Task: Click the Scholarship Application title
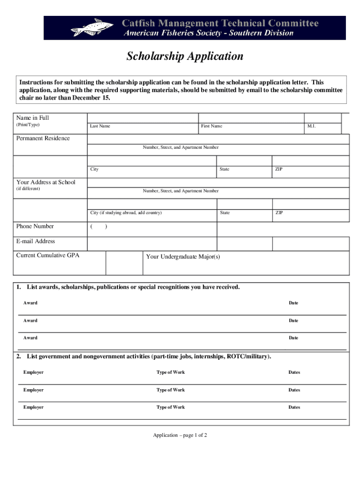pos(185,57)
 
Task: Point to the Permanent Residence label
pos(43,138)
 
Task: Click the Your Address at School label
pos(45,182)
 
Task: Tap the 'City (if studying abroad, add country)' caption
pos(126,213)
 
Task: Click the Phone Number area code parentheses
pos(99,227)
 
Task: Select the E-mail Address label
pos(36,241)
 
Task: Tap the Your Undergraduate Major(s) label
pos(183,257)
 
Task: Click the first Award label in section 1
pos(30,303)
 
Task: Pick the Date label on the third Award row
pos(293,338)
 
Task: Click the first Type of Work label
pos(170,372)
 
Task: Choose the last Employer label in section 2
pos(33,407)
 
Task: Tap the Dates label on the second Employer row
pos(294,390)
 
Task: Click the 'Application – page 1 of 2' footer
pos(180,435)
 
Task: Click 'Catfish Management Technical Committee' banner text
pos(220,23)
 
